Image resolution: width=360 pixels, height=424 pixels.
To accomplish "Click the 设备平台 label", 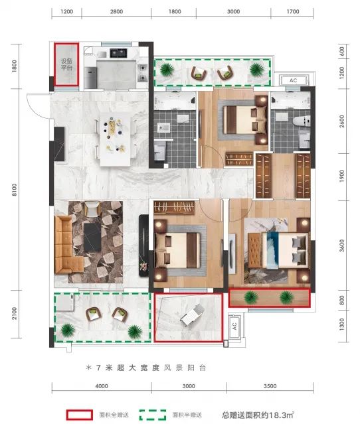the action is (x=66, y=64).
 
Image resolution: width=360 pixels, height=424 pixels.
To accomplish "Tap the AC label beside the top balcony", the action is (x=293, y=80).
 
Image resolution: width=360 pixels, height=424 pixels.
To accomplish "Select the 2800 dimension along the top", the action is (x=116, y=12).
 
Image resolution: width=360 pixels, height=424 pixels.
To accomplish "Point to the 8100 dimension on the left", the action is (x=15, y=190).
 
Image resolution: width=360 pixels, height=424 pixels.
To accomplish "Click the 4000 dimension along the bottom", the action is (x=102, y=386).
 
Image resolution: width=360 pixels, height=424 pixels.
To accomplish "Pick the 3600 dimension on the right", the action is (x=342, y=246).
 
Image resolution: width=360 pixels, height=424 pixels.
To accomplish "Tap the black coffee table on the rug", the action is (x=92, y=238).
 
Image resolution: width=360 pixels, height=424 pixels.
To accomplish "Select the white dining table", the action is (x=116, y=139).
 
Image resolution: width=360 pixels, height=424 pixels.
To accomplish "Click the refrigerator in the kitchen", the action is (x=90, y=78).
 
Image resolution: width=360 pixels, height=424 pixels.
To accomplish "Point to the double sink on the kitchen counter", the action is (x=118, y=53).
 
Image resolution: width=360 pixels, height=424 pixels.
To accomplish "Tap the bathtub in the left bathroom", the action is (x=175, y=101).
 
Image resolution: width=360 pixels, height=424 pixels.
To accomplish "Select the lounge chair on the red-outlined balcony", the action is (x=192, y=315).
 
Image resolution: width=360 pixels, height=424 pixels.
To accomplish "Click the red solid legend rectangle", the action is (x=79, y=415).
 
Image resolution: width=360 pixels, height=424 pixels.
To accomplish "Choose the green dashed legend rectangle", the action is (x=153, y=415).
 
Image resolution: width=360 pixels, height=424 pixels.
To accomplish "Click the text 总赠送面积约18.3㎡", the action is (x=258, y=415).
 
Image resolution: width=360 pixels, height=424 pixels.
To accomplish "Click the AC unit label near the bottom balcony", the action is (x=234, y=326).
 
